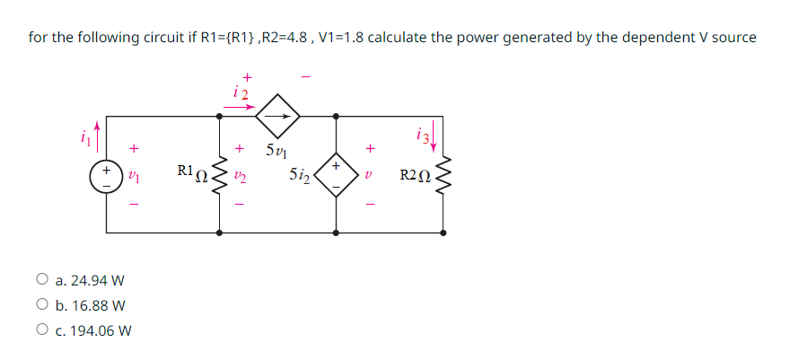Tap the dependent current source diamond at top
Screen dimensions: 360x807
(x=277, y=116)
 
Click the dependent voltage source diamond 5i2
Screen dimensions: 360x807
(x=336, y=174)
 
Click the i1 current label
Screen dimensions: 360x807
(x=86, y=136)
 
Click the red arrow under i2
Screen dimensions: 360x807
(x=240, y=105)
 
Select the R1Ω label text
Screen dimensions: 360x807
(x=191, y=171)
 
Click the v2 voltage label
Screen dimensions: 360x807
(x=240, y=174)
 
